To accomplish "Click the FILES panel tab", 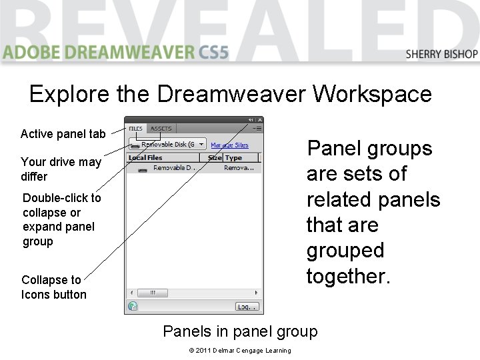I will click(x=135, y=129).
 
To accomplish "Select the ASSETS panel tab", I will click(x=161, y=129).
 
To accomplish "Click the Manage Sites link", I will click(x=229, y=145).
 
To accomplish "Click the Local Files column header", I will click(x=145, y=158).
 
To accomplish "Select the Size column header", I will click(x=214, y=158).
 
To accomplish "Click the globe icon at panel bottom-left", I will click(x=133, y=307).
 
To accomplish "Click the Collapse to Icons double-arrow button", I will click(x=251, y=120).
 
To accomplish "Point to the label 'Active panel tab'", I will click(x=63, y=134).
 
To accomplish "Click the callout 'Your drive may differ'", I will click(x=61, y=169).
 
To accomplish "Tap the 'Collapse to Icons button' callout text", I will click(x=53, y=287).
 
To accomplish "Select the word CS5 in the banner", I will click(x=213, y=52).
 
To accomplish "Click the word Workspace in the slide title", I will click(x=373, y=94).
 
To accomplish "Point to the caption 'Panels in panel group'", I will click(x=240, y=331).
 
